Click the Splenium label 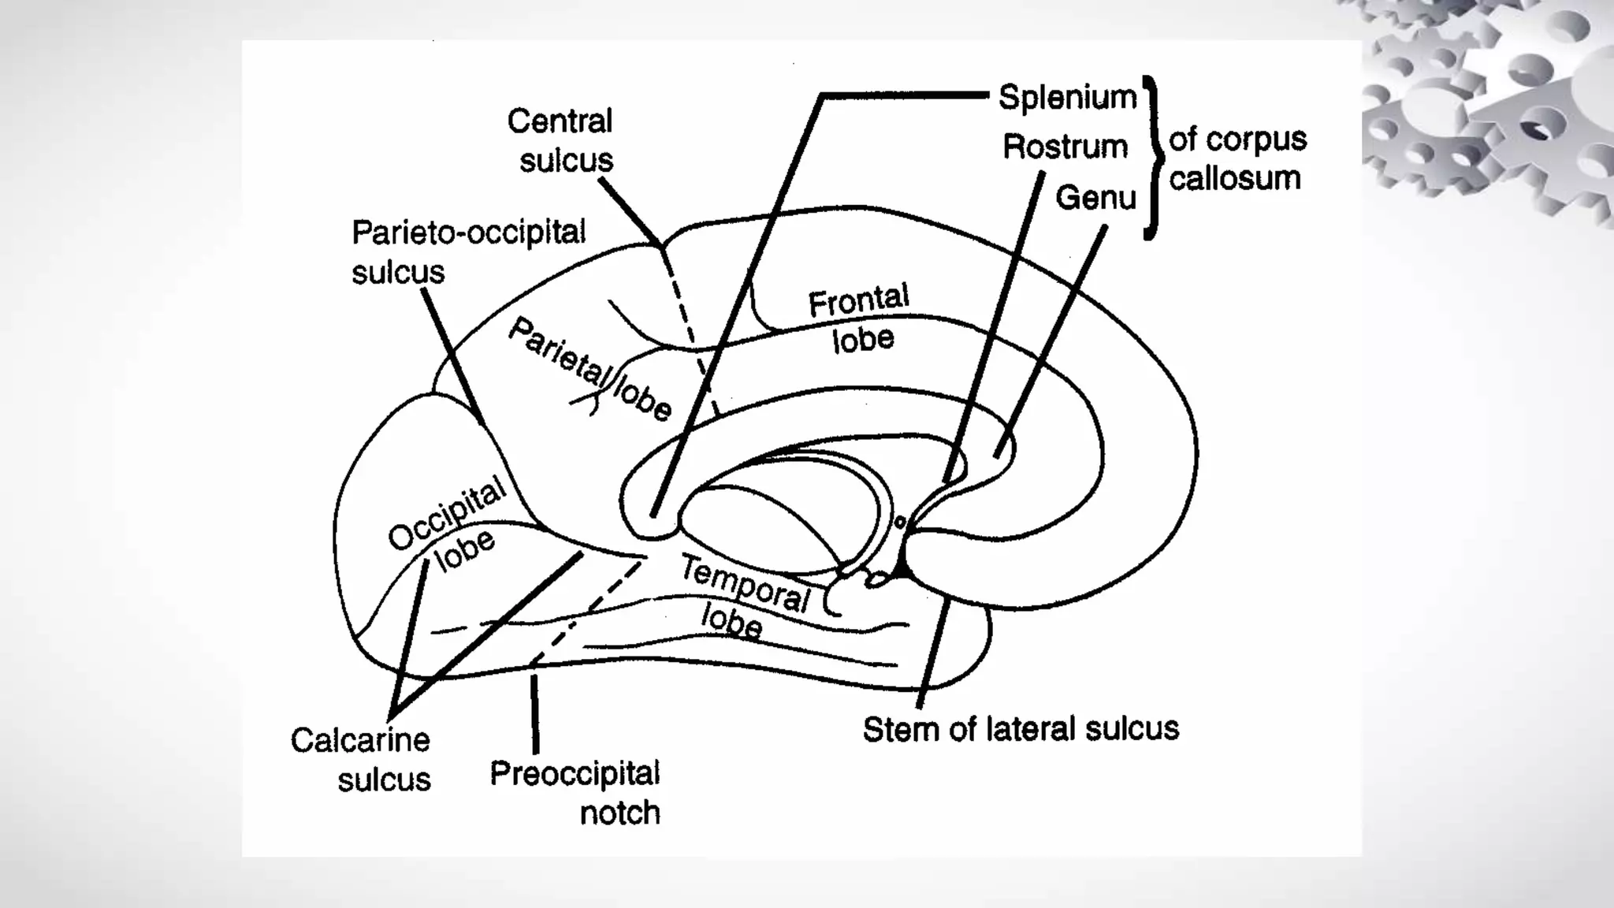1067,98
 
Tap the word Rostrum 1065,147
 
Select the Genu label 1095,198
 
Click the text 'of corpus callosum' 1237,158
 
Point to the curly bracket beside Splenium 1152,158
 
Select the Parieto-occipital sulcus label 468,251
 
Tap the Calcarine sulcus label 361,760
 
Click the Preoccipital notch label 575,793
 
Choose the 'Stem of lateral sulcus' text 1021,729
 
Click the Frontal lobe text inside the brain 860,319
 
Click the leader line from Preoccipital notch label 535,713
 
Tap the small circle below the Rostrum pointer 900,522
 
